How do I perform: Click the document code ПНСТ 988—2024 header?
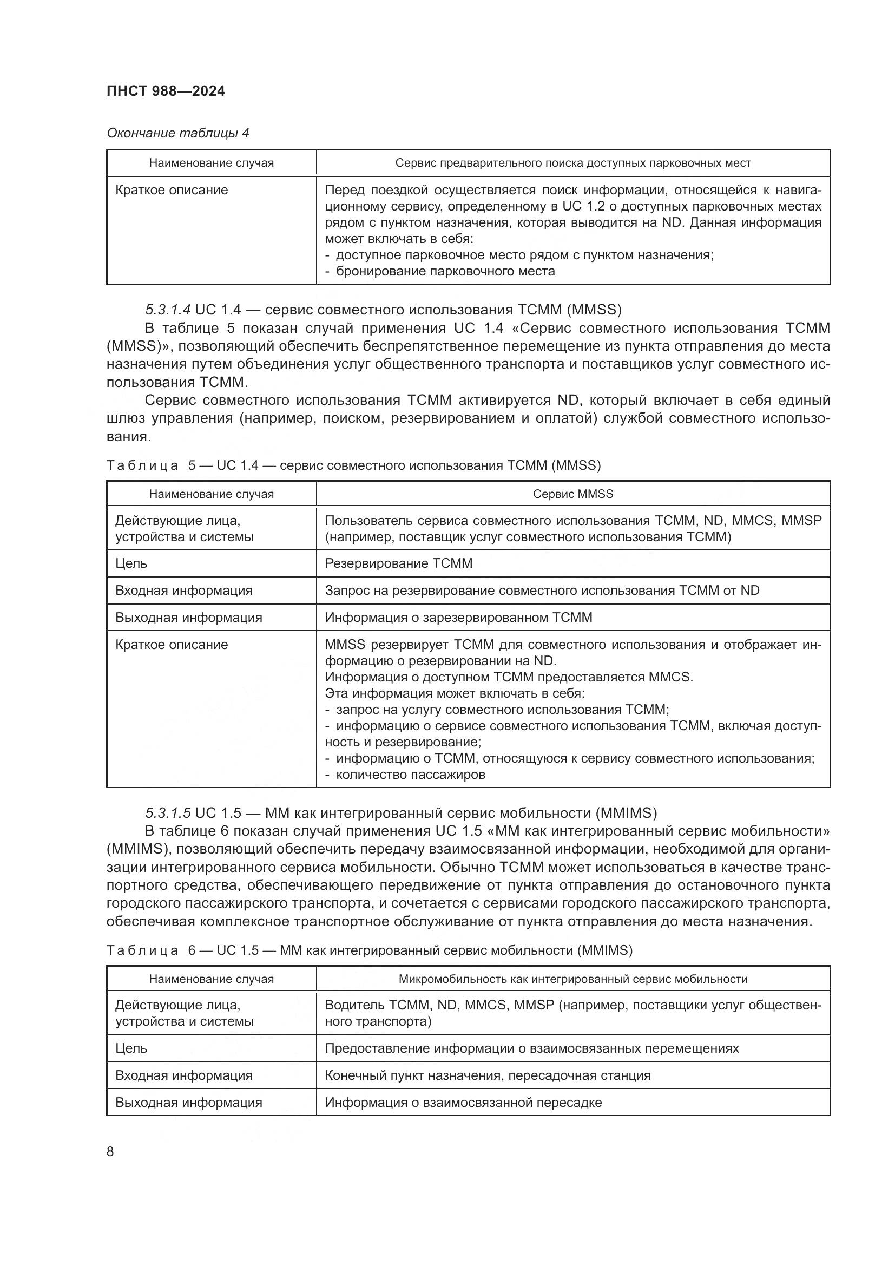(166, 91)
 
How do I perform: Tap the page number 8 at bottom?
(110, 1151)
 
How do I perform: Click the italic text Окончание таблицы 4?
(177, 133)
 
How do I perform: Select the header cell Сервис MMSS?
(572, 494)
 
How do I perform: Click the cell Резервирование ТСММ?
(398, 563)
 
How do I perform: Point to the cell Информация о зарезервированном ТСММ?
(458, 618)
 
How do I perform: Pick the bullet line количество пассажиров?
(410, 775)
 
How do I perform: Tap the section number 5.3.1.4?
(168, 310)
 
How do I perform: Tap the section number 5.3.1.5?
(168, 813)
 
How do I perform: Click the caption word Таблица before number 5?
(142, 465)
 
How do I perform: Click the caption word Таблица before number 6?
(142, 950)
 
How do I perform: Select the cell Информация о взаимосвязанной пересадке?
(463, 1103)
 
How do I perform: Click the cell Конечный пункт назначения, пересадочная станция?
(487, 1076)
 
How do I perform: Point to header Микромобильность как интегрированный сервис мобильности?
(572, 979)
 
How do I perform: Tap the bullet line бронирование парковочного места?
(445, 271)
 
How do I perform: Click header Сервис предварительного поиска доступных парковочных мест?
(572, 163)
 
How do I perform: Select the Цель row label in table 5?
(131, 563)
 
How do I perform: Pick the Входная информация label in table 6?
(183, 1076)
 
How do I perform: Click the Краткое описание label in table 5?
(172, 645)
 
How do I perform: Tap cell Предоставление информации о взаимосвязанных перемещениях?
(531, 1049)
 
